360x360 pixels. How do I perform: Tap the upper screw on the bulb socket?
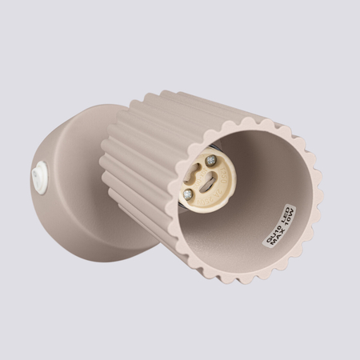(x=210, y=161)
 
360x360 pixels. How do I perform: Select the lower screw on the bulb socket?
(x=187, y=194)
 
